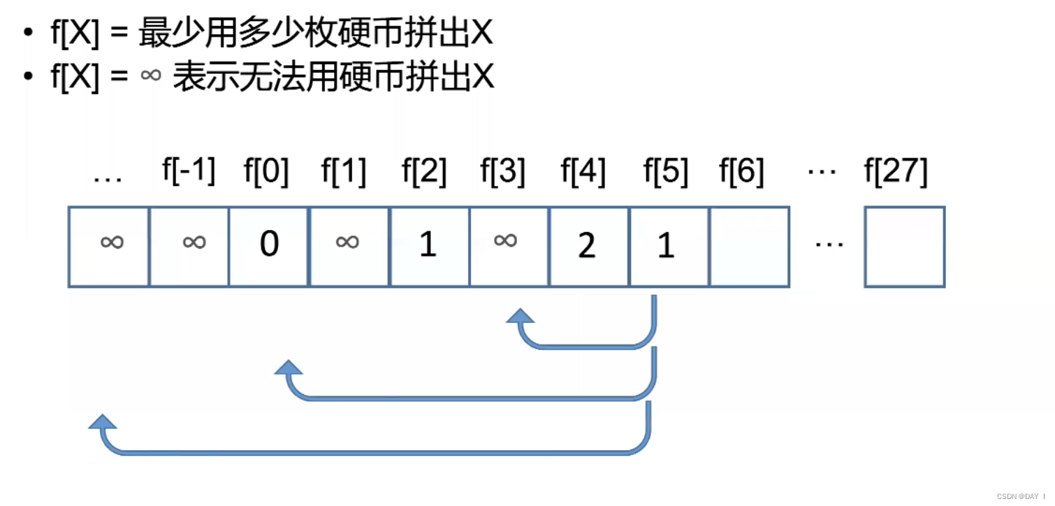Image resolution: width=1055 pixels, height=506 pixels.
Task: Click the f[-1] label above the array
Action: (189, 172)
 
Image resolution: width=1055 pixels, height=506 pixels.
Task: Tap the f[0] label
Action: (266, 172)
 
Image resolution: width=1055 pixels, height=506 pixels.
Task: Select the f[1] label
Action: (344, 172)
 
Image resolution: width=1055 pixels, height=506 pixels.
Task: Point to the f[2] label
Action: (424, 172)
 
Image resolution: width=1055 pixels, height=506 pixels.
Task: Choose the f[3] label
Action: (503, 172)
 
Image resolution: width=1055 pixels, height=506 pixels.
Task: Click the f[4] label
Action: (583, 172)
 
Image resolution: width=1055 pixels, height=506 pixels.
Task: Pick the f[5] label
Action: (665, 172)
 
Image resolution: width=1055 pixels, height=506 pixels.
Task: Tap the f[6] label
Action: (742, 172)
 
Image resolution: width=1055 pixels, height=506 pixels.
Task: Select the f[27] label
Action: (896, 172)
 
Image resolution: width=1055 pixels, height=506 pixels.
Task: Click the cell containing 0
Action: (268, 246)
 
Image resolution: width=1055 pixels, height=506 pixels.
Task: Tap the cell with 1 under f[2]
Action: (429, 246)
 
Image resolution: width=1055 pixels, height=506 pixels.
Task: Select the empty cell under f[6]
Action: (749, 246)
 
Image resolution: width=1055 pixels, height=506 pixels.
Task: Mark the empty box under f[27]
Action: (904, 246)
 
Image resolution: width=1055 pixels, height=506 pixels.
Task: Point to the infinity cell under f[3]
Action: (509, 246)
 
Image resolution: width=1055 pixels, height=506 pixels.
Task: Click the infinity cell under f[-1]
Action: (189, 246)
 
